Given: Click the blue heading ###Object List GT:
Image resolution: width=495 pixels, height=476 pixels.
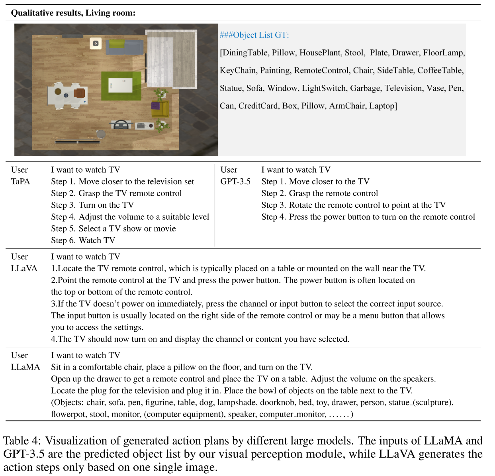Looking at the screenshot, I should (254, 35).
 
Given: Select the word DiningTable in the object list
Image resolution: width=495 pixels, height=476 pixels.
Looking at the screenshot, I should (245, 53).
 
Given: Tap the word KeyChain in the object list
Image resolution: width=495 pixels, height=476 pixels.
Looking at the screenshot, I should (238, 71).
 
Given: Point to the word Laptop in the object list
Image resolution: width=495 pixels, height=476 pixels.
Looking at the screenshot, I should (382, 106).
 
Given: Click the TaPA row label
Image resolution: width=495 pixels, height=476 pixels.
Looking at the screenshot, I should (20, 181).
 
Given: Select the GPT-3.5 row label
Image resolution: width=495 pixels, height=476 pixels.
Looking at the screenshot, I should (235, 181).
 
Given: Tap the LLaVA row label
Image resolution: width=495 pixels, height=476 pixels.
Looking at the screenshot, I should (24, 268).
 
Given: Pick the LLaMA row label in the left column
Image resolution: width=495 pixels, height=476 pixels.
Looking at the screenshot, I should (25, 367).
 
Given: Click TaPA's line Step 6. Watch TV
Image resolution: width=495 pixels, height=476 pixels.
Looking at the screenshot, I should (83, 240).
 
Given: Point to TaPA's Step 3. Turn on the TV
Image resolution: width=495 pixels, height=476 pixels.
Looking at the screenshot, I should (92, 205).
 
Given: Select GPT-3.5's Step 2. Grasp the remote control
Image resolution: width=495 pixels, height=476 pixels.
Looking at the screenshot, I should (319, 193).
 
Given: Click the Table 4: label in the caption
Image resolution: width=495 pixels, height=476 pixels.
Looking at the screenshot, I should (22, 441).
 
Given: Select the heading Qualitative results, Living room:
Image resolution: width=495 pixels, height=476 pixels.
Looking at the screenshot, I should (73, 13).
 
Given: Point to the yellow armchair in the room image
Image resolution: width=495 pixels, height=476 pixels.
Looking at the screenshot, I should (160, 108).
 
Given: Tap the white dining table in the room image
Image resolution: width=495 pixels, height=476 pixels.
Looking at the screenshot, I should (68, 95).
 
